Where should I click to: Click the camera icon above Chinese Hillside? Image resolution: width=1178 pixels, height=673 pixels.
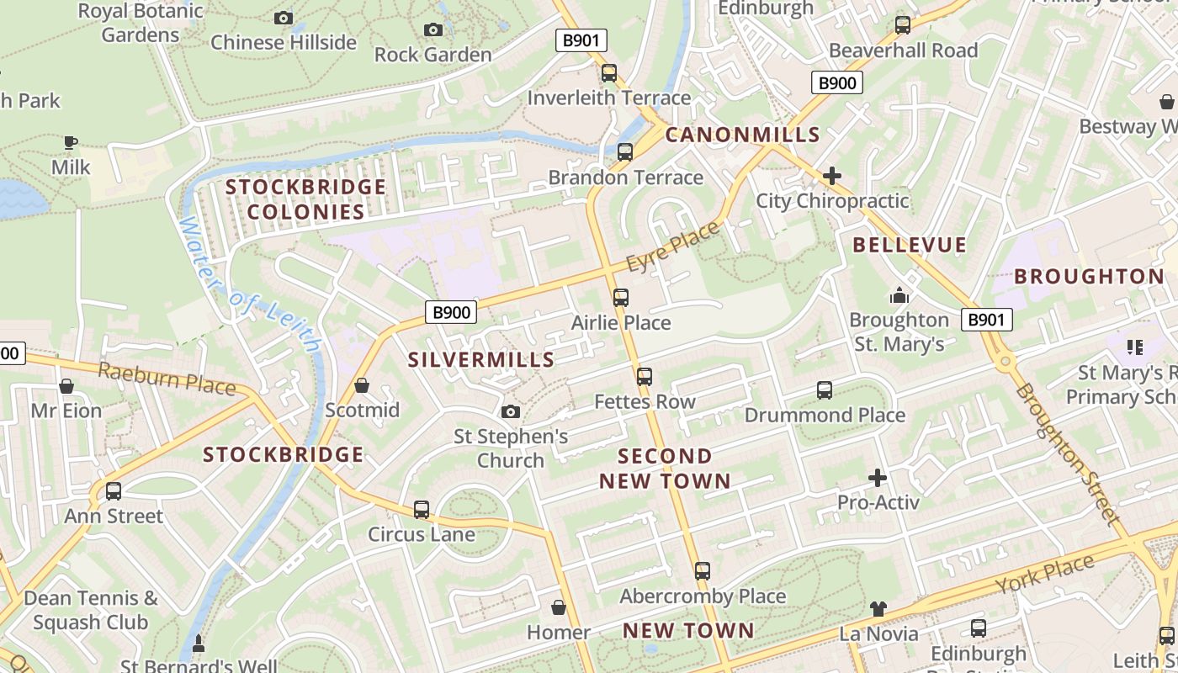click(284, 18)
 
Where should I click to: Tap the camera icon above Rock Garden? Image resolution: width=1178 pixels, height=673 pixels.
click(433, 30)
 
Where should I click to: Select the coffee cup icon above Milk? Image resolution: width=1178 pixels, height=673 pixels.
click(71, 142)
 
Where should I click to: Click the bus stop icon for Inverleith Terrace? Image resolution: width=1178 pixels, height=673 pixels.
click(609, 73)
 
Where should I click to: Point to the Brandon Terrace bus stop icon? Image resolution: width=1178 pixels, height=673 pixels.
click(624, 152)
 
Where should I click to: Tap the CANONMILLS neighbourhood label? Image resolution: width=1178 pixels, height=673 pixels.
click(742, 135)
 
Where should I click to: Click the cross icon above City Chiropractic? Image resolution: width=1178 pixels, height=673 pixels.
click(832, 176)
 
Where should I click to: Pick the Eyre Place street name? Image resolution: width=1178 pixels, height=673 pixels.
click(673, 247)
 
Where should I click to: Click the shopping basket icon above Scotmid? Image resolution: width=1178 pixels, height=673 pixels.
click(362, 385)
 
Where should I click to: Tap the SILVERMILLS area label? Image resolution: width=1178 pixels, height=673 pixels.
click(481, 360)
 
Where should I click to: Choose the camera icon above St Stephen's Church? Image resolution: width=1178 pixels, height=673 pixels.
click(510, 411)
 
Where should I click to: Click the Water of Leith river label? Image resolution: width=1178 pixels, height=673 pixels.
click(249, 284)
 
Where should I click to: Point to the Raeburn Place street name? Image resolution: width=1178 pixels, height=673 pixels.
click(166, 378)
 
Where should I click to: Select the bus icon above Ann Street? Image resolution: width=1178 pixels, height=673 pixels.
click(113, 491)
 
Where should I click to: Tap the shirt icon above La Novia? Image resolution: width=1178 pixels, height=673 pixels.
click(878, 608)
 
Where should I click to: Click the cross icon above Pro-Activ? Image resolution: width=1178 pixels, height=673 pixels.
click(878, 478)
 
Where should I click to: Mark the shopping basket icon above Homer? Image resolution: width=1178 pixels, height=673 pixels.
click(558, 607)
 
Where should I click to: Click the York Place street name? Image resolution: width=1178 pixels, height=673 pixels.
click(1045, 575)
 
